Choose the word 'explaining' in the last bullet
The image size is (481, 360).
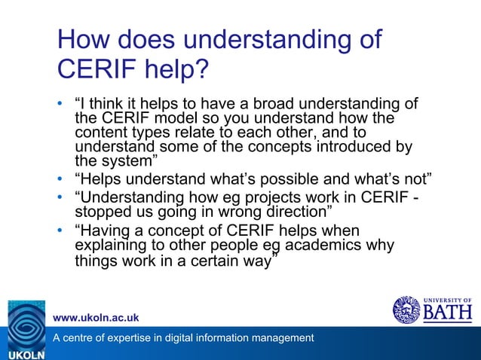click(x=108, y=245)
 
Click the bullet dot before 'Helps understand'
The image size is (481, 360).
click(x=61, y=179)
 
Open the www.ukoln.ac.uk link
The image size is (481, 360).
click(x=96, y=317)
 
